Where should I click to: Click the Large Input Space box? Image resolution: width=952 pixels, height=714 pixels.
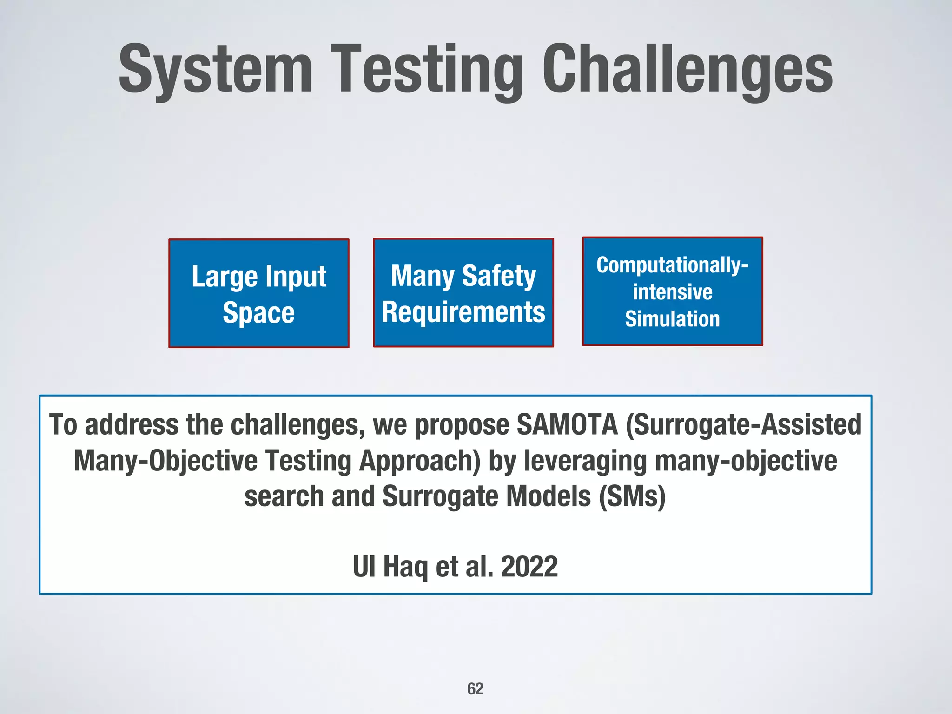point(258,293)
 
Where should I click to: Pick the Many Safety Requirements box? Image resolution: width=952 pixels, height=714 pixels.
point(463,293)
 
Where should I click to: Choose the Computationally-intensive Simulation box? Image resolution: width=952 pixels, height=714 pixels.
point(672,291)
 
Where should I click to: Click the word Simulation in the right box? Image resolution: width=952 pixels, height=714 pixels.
point(672,319)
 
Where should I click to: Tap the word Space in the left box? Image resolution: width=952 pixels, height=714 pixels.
point(258,312)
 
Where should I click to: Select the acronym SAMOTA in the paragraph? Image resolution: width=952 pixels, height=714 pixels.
point(567,424)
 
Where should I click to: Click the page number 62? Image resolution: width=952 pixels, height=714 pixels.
point(475,688)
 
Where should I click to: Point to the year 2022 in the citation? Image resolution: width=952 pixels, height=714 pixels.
point(529,567)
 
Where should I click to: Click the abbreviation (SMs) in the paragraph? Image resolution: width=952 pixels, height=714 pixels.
point(632,496)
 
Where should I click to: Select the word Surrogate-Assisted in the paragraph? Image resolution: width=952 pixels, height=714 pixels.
point(744,424)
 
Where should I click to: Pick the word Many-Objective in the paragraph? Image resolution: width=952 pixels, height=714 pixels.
point(165,461)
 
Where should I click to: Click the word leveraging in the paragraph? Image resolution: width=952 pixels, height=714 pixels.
point(585,461)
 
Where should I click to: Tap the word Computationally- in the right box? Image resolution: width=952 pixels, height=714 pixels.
point(672,265)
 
